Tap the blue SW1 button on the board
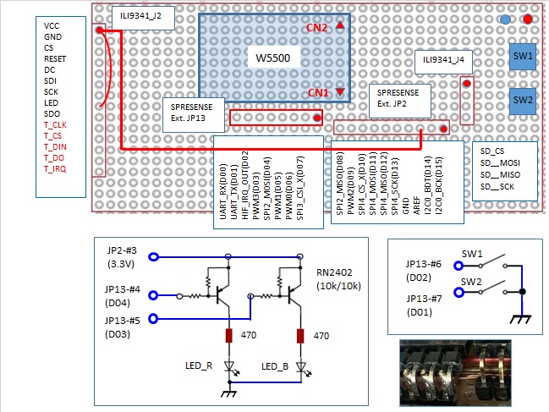522,55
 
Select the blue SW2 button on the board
522,100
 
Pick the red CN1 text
319,92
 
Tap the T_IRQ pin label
54,169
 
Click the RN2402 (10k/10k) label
338,278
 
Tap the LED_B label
275,365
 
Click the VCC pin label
52,26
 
